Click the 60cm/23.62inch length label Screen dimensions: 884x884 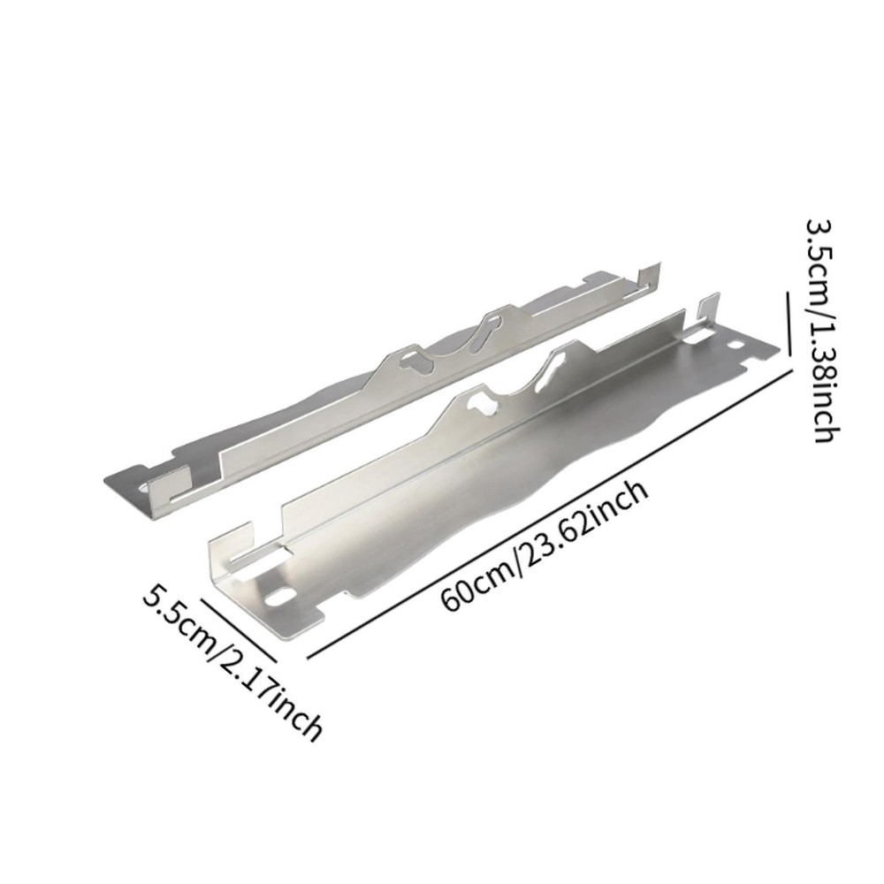(x=545, y=547)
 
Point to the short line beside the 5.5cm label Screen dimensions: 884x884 (x=239, y=629)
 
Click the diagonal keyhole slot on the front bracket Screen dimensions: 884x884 (x=545, y=369)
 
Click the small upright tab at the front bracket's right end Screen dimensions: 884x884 (x=705, y=312)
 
